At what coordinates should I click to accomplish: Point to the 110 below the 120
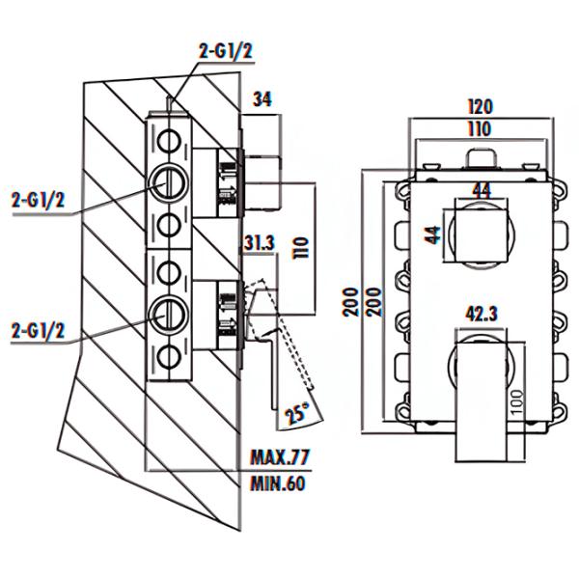tap(479, 128)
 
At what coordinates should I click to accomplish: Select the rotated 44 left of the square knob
tap(432, 233)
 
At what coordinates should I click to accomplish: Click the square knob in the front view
tap(480, 232)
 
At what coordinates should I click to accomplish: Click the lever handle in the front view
tap(480, 396)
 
